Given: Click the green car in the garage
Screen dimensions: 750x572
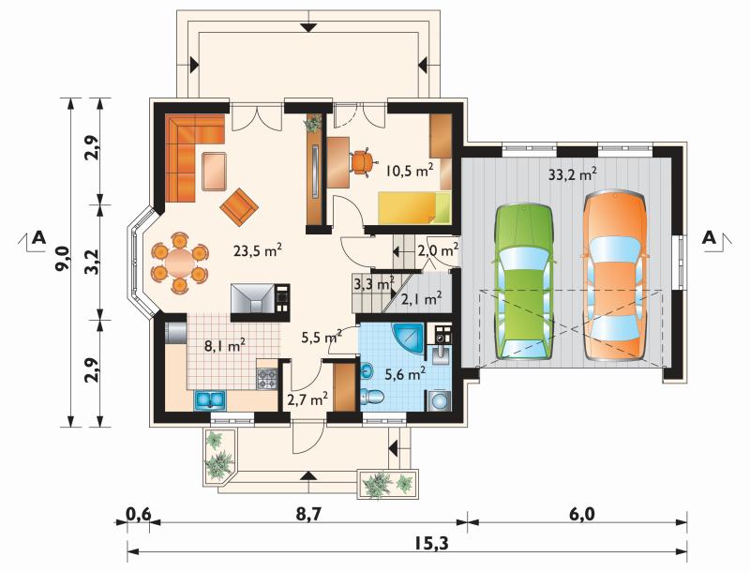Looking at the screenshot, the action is click(x=524, y=281).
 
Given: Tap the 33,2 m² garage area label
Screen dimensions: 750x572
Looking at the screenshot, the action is click(x=572, y=174).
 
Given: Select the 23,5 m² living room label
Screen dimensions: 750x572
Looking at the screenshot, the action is click(x=257, y=249).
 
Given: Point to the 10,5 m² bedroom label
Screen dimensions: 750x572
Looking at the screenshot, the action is click(x=410, y=171).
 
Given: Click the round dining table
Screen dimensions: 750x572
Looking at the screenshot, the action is click(x=179, y=261).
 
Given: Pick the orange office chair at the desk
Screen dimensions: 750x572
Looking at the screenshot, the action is click(x=362, y=162).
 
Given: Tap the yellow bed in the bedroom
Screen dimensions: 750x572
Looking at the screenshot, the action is click(x=414, y=207).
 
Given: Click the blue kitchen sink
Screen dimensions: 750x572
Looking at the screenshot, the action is click(x=210, y=399).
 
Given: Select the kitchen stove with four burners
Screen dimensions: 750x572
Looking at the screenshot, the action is click(x=267, y=379).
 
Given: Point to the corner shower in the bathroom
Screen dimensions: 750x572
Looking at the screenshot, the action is click(x=408, y=339).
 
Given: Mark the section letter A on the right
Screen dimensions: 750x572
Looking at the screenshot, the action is click(x=710, y=236).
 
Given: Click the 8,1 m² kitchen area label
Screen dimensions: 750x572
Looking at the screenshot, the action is click(x=225, y=345).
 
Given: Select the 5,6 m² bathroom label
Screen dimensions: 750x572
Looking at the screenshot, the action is click(x=406, y=373).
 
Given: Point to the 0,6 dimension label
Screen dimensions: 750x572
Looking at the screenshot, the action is click(x=138, y=515).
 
